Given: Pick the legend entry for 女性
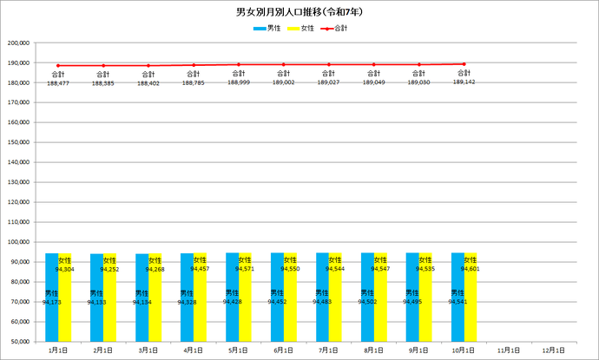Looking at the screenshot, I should coord(303,29).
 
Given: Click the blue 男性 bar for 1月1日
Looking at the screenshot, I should coord(51,295).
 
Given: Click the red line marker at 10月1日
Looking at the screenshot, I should coord(464,64).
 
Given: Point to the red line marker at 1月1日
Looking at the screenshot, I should coord(58,65).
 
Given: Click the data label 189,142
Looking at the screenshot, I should coord(464,82).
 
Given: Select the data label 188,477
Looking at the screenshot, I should coord(58,83).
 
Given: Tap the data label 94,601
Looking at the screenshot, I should coord(470,269).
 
